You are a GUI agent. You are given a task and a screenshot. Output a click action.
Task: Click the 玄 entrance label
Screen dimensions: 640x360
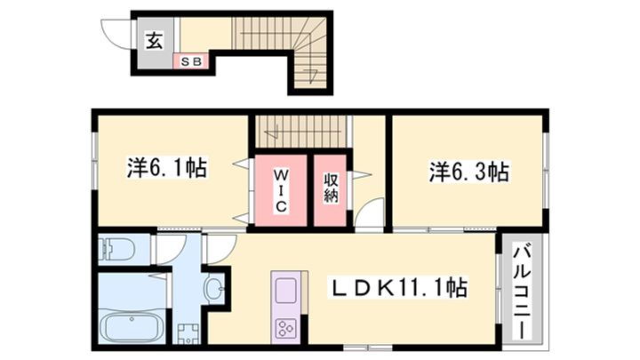[155, 40]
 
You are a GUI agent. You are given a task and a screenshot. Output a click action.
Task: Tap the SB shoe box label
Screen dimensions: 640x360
[191, 61]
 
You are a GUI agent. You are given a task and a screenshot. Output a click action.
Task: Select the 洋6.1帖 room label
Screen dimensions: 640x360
[167, 168]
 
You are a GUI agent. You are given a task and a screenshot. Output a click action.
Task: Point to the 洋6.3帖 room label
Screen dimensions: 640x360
[469, 172]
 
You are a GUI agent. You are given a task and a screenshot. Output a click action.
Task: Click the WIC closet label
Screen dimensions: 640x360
[280, 190]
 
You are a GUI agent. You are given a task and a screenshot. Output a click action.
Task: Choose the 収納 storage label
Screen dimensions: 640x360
[331, 188]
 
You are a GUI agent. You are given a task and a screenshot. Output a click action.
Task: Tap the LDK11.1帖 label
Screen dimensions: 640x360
[399, 287]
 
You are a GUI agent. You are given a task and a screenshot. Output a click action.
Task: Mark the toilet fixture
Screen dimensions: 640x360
[117, 248]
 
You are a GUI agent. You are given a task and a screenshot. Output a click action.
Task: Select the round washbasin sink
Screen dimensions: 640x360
[214, 289]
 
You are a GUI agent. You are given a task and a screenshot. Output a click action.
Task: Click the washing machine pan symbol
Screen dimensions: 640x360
[188, 334]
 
